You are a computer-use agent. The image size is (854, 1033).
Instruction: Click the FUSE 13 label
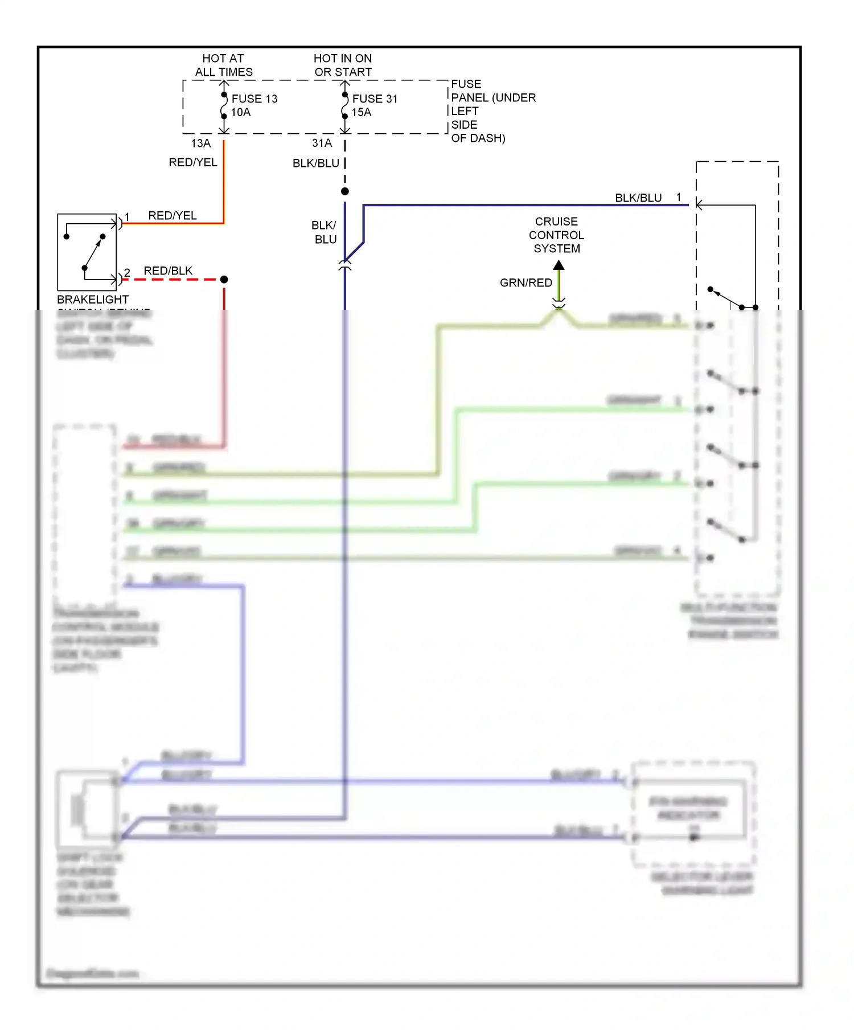tap(254, 99)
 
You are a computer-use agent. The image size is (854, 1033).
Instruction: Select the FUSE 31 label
tap(375, 99)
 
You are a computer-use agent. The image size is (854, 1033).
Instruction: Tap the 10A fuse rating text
tap(240, 112)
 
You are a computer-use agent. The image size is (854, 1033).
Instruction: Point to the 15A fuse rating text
tap(361, 112)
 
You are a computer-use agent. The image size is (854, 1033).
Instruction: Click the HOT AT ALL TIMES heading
tap(223, 65)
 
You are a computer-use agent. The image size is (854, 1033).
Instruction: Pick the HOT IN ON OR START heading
tap(343, 65)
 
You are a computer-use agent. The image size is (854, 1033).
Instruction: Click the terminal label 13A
tap(200, 143)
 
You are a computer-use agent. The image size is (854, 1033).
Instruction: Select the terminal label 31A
tap(322, 143)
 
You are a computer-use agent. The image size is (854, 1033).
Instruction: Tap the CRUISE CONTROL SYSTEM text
tap(556, 235)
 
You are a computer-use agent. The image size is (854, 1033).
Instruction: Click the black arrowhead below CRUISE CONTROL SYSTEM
tap(559, 265)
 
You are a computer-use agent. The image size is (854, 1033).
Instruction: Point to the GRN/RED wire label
tap(525, 282)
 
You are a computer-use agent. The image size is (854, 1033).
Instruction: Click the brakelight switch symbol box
tap(87, 252)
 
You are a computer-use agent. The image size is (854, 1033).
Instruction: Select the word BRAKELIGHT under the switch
tap(92, 299)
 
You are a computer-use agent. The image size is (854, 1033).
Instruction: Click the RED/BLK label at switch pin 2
tap(168, 270)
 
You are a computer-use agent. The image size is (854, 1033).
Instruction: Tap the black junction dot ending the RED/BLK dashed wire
tap(224, 280)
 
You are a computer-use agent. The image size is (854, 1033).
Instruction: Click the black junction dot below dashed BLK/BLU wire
tap(344, 191)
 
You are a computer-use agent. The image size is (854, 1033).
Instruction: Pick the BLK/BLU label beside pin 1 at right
tap(638, 198)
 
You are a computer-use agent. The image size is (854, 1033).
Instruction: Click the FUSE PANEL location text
tap(492, 111)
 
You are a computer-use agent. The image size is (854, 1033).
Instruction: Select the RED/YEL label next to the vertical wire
tap(192, 162)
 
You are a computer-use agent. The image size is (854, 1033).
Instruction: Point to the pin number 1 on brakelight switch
tap(127, 217)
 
